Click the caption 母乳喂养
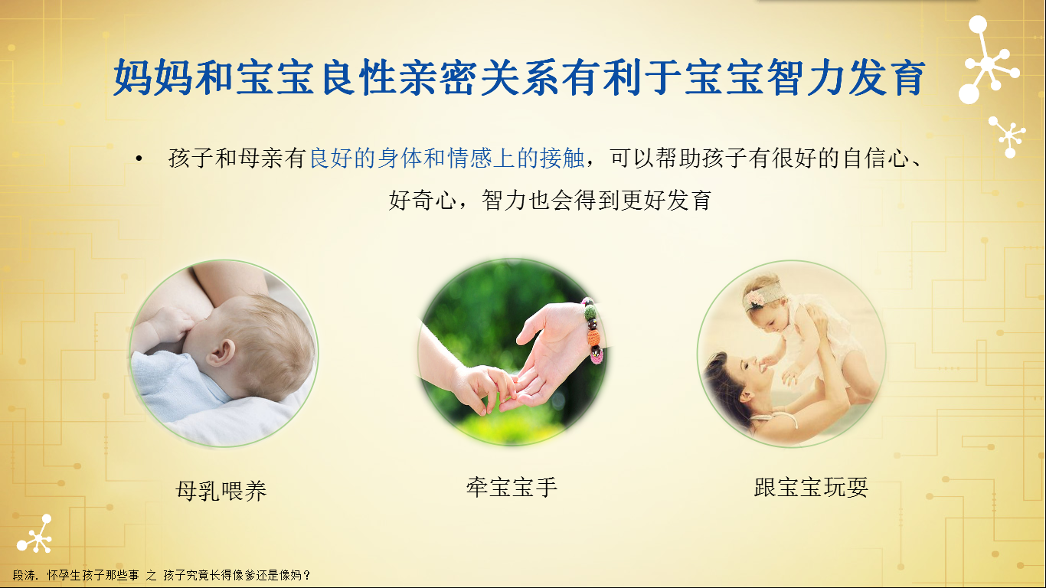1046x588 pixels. click(x=221, y=491)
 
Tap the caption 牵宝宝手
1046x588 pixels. click(x=512, y=487)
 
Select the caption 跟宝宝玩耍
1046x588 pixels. click(x=811, y=487)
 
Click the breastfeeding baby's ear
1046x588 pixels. click(x=221, y=354)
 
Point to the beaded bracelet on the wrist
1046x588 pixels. click(x=592, y=330)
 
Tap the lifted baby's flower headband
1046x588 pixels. click(x=761, y=294)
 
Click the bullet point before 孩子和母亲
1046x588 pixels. click(x=139, y=158)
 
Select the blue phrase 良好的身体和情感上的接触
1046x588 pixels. click(x=447, y=158)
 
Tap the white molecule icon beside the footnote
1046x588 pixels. click(x=35, y=534)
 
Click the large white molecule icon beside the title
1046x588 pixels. click(x=988, y=60)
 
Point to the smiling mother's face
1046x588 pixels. click(x=747, y=371)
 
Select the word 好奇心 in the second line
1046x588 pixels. click(x=423, y=201)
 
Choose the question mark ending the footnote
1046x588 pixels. click(x=306, y=576)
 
